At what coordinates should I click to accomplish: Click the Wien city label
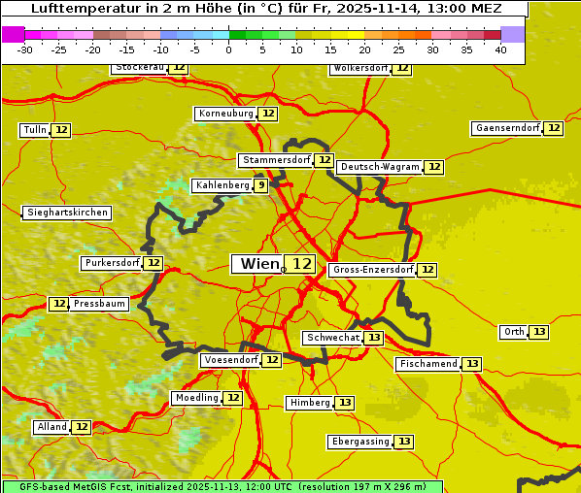258,264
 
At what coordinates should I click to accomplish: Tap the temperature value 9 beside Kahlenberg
261,185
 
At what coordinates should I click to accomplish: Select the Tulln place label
34,130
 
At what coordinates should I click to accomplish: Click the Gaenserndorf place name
506,128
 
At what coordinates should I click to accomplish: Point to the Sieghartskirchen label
66,213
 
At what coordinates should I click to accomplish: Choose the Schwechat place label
332,338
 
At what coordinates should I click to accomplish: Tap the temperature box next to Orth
539,332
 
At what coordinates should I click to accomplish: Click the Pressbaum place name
99,304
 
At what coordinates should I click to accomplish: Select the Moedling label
196,398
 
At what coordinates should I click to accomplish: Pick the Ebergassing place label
359,442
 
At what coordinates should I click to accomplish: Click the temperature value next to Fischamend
472,364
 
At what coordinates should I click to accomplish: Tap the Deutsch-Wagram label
379,167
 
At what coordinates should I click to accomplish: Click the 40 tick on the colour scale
500,49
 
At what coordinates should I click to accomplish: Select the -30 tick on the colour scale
25,49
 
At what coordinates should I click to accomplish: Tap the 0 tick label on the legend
228,49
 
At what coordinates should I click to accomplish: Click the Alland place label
51,427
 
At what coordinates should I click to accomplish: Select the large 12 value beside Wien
302,264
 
